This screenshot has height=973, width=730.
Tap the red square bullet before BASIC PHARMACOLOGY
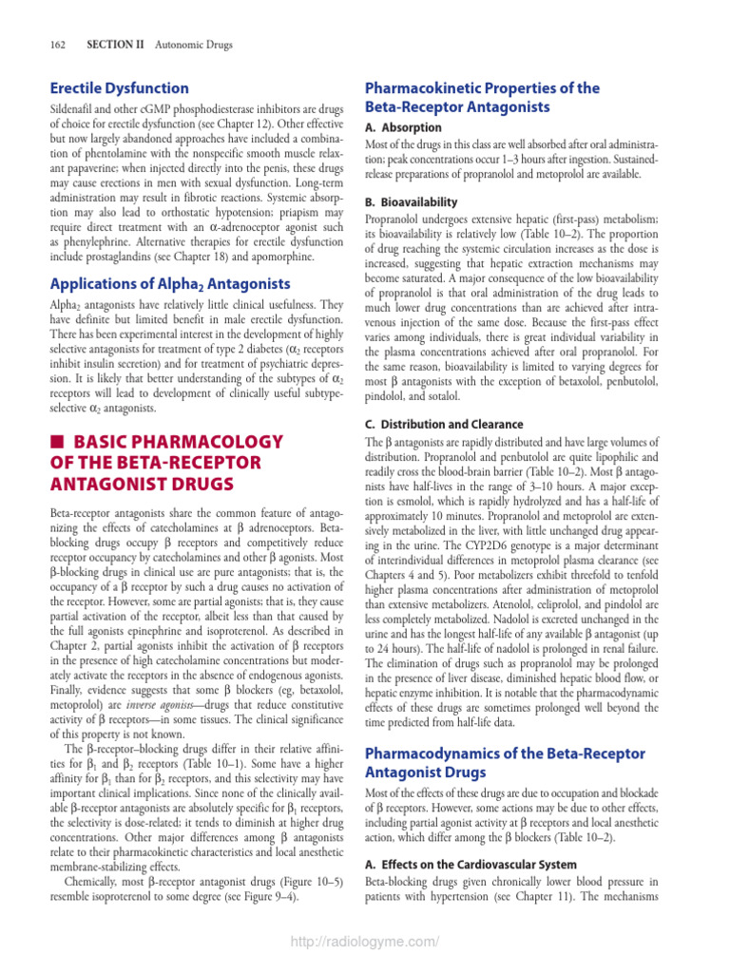[x=54, y=442]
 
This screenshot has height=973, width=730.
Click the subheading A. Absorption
[x=403, y=127]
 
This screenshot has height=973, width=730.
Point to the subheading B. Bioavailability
[x=412, y=202]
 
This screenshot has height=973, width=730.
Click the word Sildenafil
[x=69, y=111]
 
